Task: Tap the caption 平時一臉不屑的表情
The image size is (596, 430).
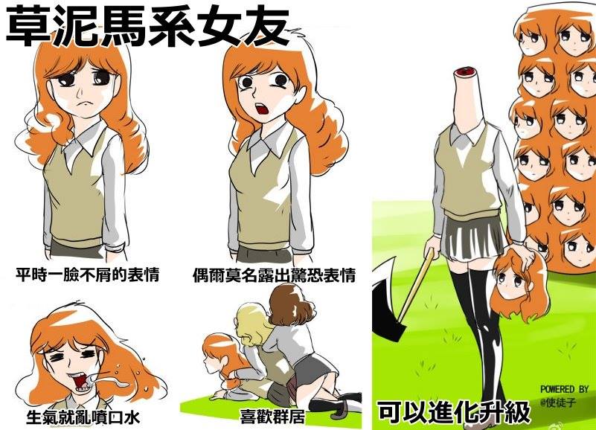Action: tap(87, 275)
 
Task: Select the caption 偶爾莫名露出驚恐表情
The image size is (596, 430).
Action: tap(274, 275)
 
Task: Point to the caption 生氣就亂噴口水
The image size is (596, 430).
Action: tap(83, 417)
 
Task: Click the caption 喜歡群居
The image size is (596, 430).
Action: tap(272, 416)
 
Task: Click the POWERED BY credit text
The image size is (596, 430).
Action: tap(564, 389)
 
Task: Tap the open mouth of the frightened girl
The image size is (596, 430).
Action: tap(262, 109)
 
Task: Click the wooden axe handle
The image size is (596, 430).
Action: tap(416, 284)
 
